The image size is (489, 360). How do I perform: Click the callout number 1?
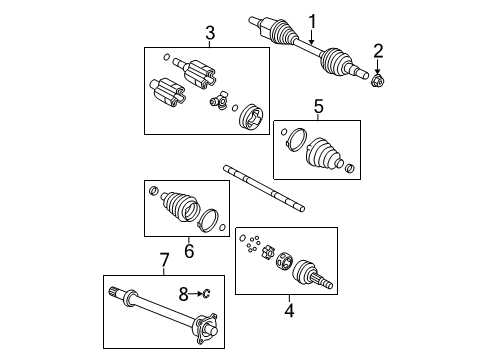(311, 20)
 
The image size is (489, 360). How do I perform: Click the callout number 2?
(378, 50)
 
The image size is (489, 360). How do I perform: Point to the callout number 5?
(318, 105)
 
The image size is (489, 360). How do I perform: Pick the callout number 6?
(188, 251)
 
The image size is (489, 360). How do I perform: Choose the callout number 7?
(165, 261)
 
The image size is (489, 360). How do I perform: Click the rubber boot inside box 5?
(322, 151)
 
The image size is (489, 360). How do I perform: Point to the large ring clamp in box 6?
(212, 220)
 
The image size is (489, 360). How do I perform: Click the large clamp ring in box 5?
(294, 139)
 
